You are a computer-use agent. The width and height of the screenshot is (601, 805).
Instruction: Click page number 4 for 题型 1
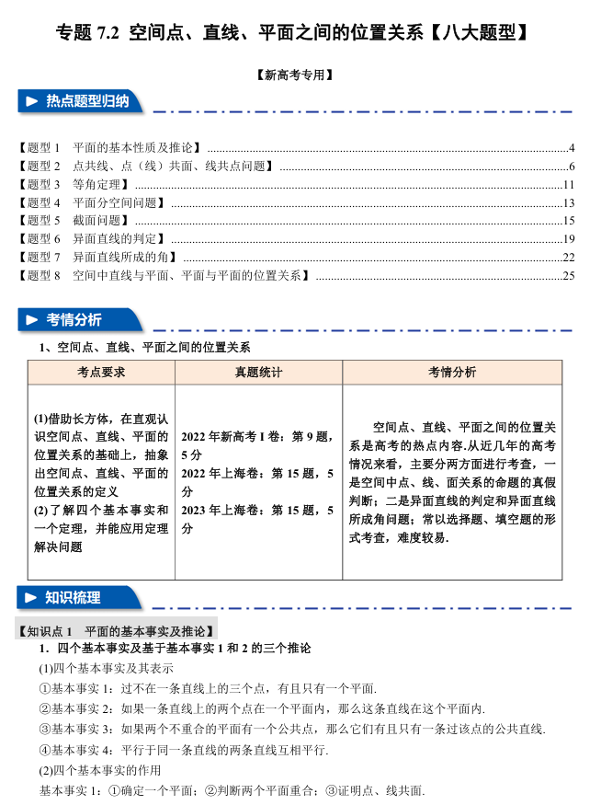coord(571,148)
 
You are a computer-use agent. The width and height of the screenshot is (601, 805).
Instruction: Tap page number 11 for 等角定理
coord(569,185)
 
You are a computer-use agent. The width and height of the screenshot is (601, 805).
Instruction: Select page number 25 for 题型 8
coord(568,275)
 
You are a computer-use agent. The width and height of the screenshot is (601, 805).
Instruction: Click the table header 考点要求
coord(101,373)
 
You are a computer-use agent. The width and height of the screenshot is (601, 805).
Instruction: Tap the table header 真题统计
coord(258,373)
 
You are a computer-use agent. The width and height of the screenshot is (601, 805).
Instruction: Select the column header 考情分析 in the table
coord(452,373)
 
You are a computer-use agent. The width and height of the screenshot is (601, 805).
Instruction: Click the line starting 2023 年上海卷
coord(257,511)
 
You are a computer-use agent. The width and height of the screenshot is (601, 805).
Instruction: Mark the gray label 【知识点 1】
coord(117,631)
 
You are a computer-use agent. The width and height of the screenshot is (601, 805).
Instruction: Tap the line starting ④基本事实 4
coord(183,750)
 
